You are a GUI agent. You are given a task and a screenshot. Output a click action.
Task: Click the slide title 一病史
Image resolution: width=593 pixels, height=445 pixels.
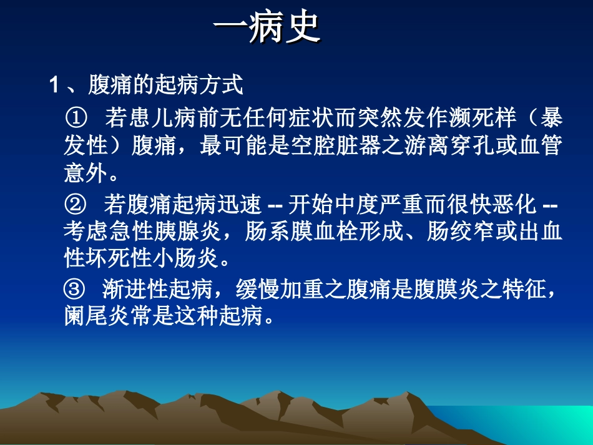pos(267,28)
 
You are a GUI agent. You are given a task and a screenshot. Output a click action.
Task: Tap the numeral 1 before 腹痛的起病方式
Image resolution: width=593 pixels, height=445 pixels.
pos(54,86)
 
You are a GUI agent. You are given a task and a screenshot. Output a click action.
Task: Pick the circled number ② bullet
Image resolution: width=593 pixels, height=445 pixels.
pos(73,203)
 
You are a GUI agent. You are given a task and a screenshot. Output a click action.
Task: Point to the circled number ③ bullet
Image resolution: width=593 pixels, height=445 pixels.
pos(73,290)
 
